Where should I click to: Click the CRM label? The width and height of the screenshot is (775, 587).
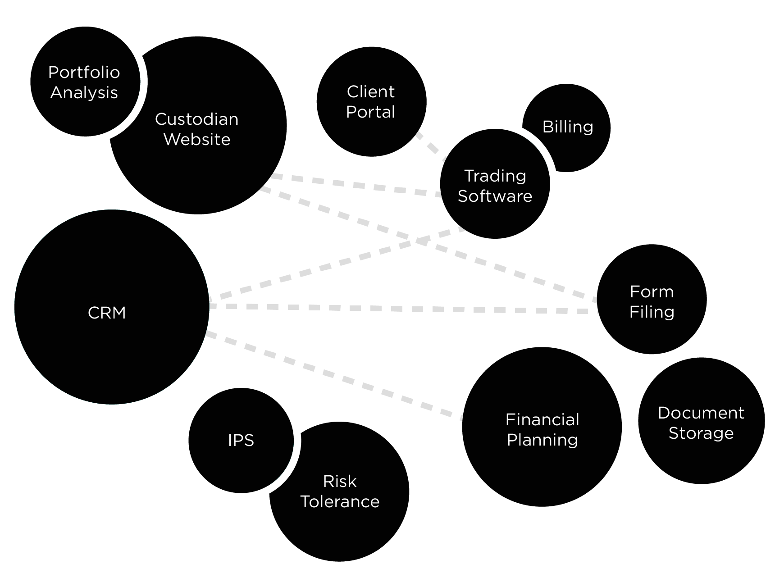point(107,313)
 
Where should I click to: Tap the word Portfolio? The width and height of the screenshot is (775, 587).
point(84,73)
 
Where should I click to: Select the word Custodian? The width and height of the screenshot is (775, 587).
point(197,119)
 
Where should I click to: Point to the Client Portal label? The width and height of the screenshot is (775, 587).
point(370,102)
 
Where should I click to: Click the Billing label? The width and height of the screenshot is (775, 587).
point(568,127)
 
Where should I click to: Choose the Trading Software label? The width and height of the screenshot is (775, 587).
point(495,186)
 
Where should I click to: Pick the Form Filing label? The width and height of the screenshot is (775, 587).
point(652,302)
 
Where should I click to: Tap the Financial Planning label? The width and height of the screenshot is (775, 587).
point(542,430)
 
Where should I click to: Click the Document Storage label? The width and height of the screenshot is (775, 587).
point(701,423)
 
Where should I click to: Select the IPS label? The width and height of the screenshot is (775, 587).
point(241,440)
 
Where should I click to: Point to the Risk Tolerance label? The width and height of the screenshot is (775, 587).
point(340,491)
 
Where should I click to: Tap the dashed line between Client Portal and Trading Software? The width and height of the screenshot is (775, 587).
point(430,146)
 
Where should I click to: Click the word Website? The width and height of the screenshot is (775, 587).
point(197,140)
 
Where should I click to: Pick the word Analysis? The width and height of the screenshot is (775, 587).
point(84,93)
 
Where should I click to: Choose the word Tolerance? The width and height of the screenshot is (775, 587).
point(340,502)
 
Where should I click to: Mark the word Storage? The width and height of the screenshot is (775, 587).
point(701,433)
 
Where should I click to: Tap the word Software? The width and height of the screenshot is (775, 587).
point(495,196)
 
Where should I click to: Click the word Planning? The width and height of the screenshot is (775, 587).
point(542,440)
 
